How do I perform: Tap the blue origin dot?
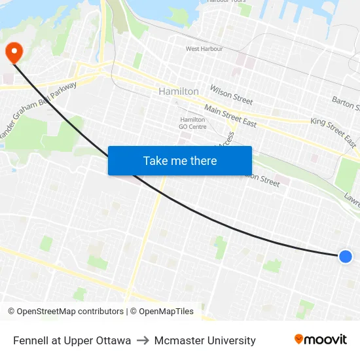[346, 257]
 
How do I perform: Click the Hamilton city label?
[178, 92]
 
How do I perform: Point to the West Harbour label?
[204, 49]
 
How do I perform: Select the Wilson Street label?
[231, 95]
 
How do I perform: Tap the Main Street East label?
[230, 115]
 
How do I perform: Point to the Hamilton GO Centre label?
[193, 123]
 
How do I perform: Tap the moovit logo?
[320, 340]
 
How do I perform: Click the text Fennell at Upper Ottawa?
[72, 340]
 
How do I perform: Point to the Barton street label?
[345, 103]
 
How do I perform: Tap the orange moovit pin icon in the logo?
[299, 339]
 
